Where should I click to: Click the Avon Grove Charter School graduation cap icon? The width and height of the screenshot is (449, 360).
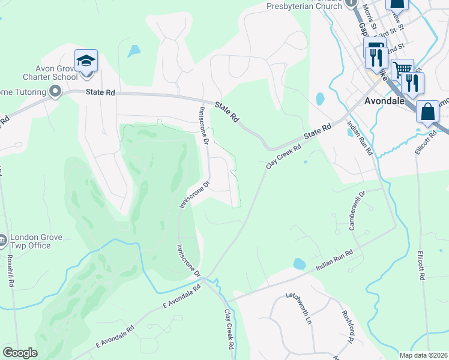tap(86, 60)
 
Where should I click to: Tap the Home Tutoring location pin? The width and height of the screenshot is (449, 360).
tap(55, 92)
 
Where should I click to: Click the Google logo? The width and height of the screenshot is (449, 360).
tap(20, 353)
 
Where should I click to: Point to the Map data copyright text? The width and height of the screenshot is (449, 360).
tap(424, 355)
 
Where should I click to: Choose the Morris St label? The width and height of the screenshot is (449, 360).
tap(369, 13)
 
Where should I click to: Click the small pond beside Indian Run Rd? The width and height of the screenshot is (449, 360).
tap(298, 263)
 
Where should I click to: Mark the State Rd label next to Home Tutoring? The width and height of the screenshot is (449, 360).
tap(100, 93)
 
